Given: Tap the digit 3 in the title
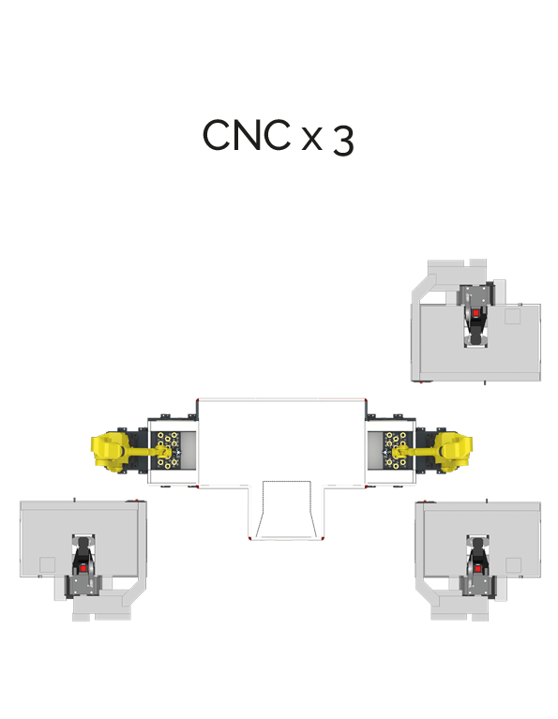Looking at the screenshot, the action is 343,141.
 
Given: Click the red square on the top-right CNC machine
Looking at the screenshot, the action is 475,313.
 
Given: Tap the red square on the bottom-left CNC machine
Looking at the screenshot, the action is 83,569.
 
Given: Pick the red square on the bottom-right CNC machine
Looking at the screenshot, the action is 477,569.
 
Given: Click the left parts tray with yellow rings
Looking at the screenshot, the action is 167,450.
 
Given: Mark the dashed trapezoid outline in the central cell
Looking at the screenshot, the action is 287,509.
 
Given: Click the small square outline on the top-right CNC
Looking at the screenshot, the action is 513,317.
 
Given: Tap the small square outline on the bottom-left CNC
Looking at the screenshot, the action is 47,565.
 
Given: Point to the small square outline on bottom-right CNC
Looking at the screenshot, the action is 513,565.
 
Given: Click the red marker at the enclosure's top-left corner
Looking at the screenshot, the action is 197,400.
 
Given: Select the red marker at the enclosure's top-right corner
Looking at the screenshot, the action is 366,400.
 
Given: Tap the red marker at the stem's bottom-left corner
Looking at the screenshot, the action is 249,538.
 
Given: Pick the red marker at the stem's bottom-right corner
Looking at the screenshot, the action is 323,538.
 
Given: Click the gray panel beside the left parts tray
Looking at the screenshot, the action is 190,450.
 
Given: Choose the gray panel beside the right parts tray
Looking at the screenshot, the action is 375,450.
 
